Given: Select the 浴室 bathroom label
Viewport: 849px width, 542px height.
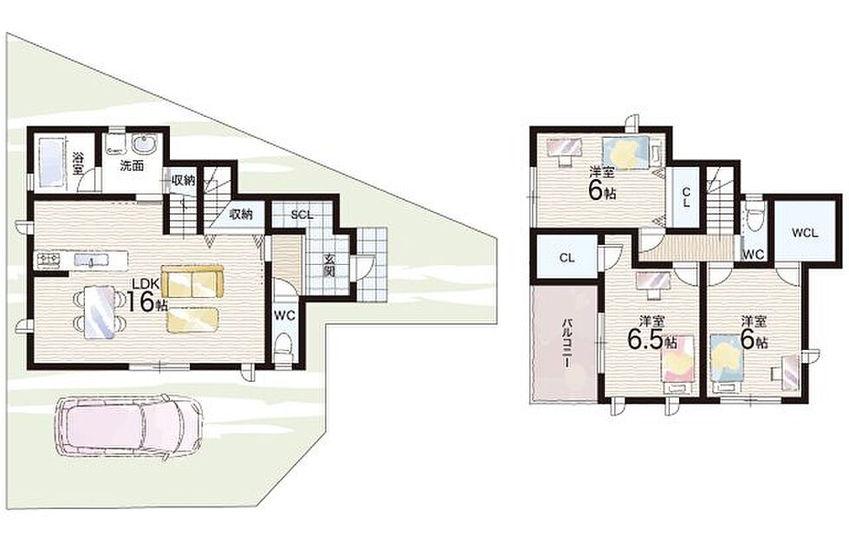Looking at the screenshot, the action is pos(78,163).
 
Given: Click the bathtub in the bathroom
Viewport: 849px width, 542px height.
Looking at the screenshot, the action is pos(51,160).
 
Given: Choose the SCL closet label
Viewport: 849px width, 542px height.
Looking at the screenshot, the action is pos(301,215).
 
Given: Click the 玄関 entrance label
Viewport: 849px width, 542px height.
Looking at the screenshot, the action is pos(329,265).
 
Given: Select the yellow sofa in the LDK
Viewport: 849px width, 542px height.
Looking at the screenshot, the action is pos(192,281).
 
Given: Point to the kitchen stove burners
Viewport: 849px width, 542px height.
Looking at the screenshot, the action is pos(49,261).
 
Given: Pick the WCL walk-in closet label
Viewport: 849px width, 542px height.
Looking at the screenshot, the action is pos(805,234).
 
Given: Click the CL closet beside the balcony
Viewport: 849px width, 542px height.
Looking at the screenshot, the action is pos(567,258).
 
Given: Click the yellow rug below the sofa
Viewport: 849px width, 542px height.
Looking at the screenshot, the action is pos(192,319).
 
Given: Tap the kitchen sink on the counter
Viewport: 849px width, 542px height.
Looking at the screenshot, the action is pos(90,261).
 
